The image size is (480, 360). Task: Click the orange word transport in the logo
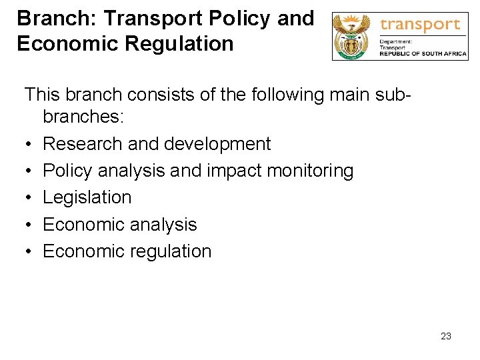[420, 25]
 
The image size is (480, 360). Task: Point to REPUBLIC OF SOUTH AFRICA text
[423, 54]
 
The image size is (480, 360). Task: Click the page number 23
[446, 336]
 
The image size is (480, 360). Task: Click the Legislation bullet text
[87, 197]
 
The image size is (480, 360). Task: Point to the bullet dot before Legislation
[29, 198]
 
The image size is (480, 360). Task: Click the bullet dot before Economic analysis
[29, 225]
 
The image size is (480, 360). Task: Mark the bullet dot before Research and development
[29, 145]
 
